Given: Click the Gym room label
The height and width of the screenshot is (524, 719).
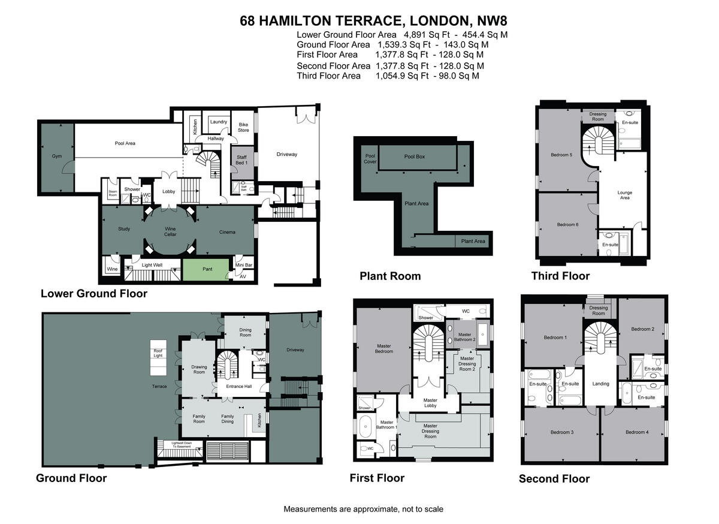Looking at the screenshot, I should tap(56, 156).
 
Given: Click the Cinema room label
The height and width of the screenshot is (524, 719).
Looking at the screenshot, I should tap(227, 232).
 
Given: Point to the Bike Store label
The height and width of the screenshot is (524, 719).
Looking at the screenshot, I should tap(243, 127).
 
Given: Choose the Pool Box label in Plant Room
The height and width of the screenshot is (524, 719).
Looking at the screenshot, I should tap(414, 156).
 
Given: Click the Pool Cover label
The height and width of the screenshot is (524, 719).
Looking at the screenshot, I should tap(370, 158).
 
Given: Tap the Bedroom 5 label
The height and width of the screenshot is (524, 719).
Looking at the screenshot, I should tap(561, 155).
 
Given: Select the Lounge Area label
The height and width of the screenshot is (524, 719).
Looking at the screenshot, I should tap(625, 195).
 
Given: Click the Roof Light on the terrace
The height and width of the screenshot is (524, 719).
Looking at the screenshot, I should tap(158, 354).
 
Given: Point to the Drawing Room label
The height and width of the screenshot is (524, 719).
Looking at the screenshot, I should tap(199, 369).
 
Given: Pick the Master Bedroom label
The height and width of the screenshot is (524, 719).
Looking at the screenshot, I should tap(384, 348).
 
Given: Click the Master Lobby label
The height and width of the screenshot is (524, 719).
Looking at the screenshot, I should tap(430, 403).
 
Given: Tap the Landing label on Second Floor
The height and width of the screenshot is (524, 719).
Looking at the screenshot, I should tap(600, 384).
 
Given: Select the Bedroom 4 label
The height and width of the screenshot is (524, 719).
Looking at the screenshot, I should tap(636, 432).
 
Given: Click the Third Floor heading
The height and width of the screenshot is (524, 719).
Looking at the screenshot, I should tap(560, 276).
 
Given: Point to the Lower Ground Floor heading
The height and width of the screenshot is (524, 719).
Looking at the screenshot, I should tap(93, 294).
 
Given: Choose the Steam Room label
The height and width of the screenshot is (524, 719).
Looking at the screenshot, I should tap(113, 193).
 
